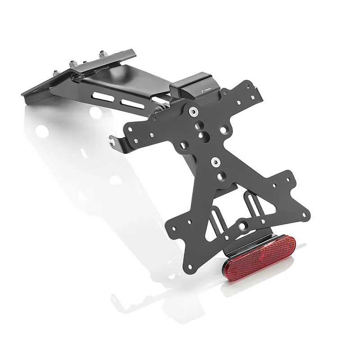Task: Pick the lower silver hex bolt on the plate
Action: click(215, 160)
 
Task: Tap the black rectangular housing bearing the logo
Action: click(197, 85)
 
